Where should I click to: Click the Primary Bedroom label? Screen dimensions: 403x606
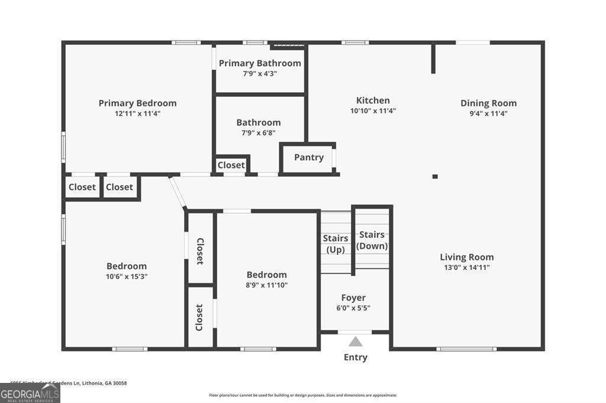click(137, 103)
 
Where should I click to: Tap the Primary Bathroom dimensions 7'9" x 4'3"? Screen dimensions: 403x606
click(260, 74)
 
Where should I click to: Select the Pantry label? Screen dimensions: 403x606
click(309, 157)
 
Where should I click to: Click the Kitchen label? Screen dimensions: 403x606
click(373, 100)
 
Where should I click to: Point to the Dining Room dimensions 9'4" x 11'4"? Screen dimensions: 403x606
click(488, 113)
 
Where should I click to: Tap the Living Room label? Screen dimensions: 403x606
click(466, 257)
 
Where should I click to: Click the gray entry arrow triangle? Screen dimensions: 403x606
click(355, 342)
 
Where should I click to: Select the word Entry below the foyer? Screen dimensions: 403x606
click(355, 357)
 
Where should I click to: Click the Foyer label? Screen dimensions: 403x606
click(353, 298)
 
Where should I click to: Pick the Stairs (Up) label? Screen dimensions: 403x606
click(335, 243)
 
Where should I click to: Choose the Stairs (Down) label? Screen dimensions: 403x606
click(373, 240)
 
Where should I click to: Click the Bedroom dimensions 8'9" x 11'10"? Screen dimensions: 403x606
click(266, 285)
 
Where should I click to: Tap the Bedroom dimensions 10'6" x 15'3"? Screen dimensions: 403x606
click(127, 276)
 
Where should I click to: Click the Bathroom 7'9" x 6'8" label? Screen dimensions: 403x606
click(259, 127)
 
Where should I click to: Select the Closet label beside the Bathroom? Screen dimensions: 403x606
click(231, 165)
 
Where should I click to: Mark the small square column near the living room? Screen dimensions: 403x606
click(435, 176)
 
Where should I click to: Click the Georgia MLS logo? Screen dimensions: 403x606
click(30, 393)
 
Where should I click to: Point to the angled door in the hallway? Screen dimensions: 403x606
click(177, 191)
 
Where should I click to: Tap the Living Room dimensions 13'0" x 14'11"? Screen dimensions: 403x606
click(466, 267)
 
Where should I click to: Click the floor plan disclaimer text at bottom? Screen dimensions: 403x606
click(302, 395)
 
